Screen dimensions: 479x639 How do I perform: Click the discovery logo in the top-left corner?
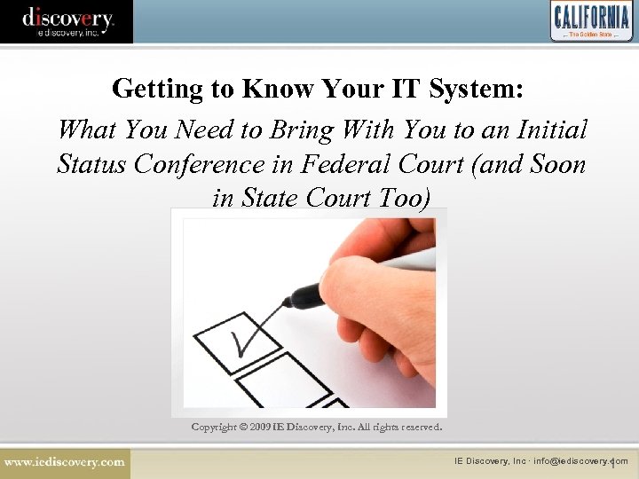pyautogui.click(x=67, y=20)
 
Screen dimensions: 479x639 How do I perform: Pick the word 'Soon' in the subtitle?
pyautogui.click(x=555, y=164)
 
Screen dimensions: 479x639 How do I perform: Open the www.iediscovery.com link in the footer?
pyautogui.click(x=64, y=462)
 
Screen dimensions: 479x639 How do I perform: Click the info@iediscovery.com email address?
pyautogui.click(x=580, y=461)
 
